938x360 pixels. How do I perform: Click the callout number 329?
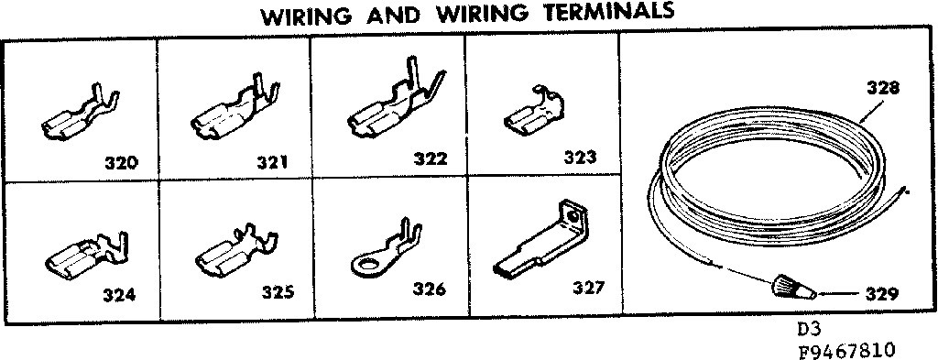880,294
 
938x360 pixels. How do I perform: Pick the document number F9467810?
847,349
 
